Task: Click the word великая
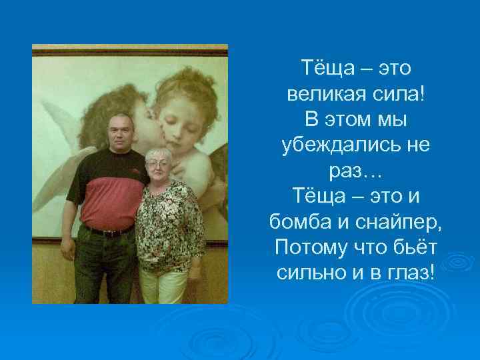coord(321,93)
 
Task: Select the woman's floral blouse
coord(167,223)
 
